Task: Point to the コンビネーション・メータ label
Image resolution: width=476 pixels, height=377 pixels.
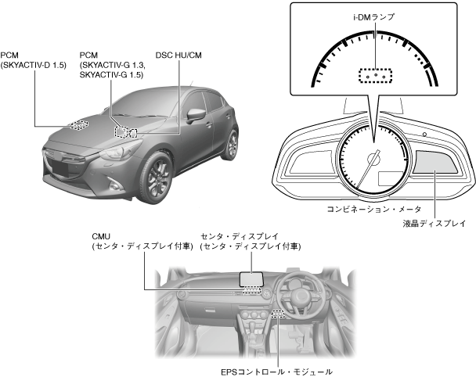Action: pyautogui.click(x=374, y=209)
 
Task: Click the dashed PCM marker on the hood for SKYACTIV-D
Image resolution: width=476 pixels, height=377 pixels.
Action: pyautogui.click(x=78, y=124)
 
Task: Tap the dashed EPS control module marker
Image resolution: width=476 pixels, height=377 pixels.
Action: pyautogui.click(x=277, y=315)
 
